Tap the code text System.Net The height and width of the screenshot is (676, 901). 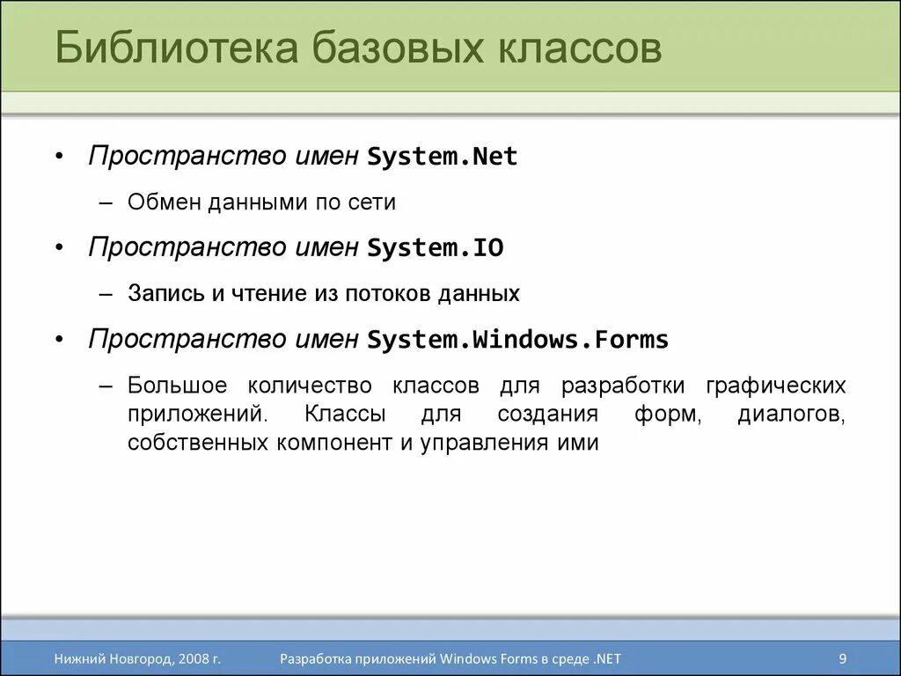click(443, 157)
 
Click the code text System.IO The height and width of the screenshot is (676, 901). click(436, 248)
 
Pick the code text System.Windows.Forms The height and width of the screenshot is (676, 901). click(518, 340)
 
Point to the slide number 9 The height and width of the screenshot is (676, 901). click(843, 658)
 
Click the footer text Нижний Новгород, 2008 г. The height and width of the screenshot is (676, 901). click(136, 658)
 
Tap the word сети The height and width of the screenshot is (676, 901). click(375, 202)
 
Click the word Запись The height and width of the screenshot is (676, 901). click(165, 294)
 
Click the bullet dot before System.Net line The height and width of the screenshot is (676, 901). click(58, 158)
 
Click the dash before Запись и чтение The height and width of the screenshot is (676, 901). click(106, 294)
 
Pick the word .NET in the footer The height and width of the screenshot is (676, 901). click(607, 658)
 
